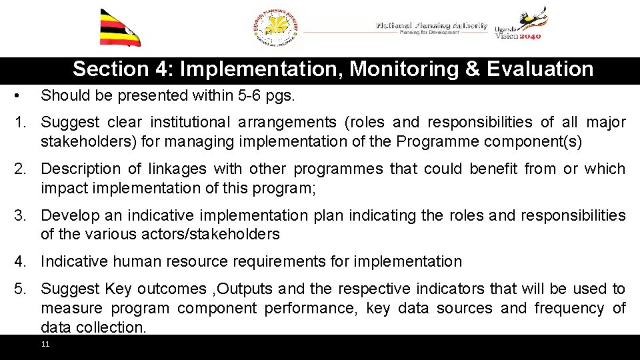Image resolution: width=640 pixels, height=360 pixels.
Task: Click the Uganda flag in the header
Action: click(120, 27)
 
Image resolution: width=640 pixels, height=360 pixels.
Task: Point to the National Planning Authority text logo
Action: click(431, 27)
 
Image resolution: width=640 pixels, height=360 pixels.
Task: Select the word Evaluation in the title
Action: click(540, 69)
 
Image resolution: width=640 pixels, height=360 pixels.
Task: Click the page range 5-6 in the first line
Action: click(249, 95)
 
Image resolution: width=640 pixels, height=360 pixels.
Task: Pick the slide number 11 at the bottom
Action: click(45, 344)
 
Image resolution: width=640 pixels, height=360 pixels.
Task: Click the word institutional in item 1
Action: click(187, 122)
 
